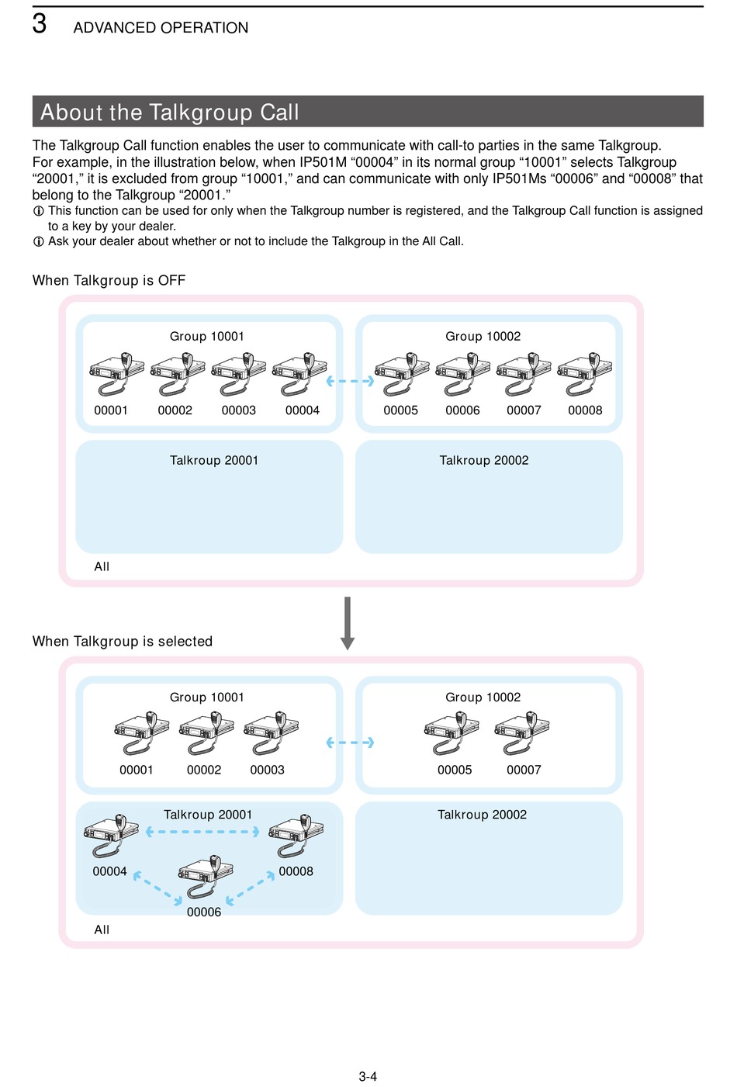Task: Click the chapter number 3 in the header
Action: click(40, 24)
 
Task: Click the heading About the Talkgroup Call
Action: click(169, 112)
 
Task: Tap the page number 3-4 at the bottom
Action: click(368, 1076)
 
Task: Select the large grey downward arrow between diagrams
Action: click(348, 623)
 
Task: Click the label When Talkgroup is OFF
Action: click(109, 281)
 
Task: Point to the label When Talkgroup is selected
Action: click(123, 642)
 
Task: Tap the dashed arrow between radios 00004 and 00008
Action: click(202, 832)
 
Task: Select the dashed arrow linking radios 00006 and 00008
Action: click(251, 888)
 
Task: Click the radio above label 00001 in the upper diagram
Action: click(117, 374)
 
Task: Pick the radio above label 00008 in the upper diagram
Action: click(585, 374)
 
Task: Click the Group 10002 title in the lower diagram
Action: click(483, 698)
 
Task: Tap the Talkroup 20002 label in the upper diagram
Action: click(484, 460)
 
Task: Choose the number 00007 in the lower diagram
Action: click(524, 770)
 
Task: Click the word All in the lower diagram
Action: click(102, 929)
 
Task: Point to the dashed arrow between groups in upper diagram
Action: click(351, 381)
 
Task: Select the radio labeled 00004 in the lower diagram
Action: click(111, 836)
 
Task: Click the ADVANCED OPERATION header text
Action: click(161, 28)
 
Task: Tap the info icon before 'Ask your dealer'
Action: click(38, 241)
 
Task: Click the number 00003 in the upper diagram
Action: click(239, 410)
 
